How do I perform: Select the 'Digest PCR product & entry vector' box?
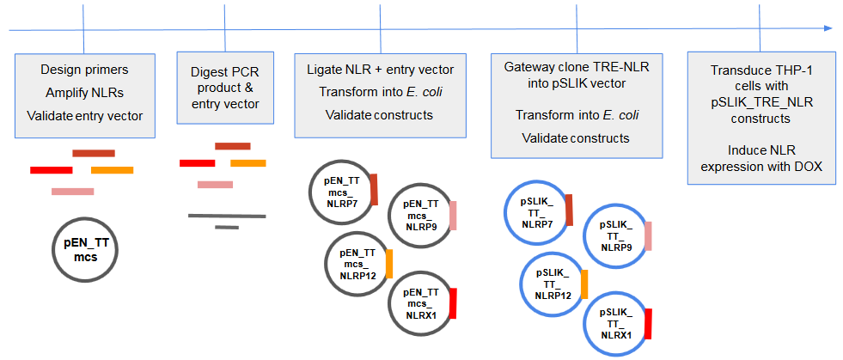(223, 92)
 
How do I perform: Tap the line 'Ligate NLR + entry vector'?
(380, 70)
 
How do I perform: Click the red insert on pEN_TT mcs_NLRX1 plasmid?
(452, 303)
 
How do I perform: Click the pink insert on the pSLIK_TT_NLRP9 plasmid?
(648, 235)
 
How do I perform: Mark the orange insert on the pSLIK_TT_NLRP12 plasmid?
(584, 283)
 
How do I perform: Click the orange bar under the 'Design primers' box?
(112, 170)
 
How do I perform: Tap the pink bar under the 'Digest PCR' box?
(215, 184)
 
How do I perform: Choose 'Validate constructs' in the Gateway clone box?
(577, 137)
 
